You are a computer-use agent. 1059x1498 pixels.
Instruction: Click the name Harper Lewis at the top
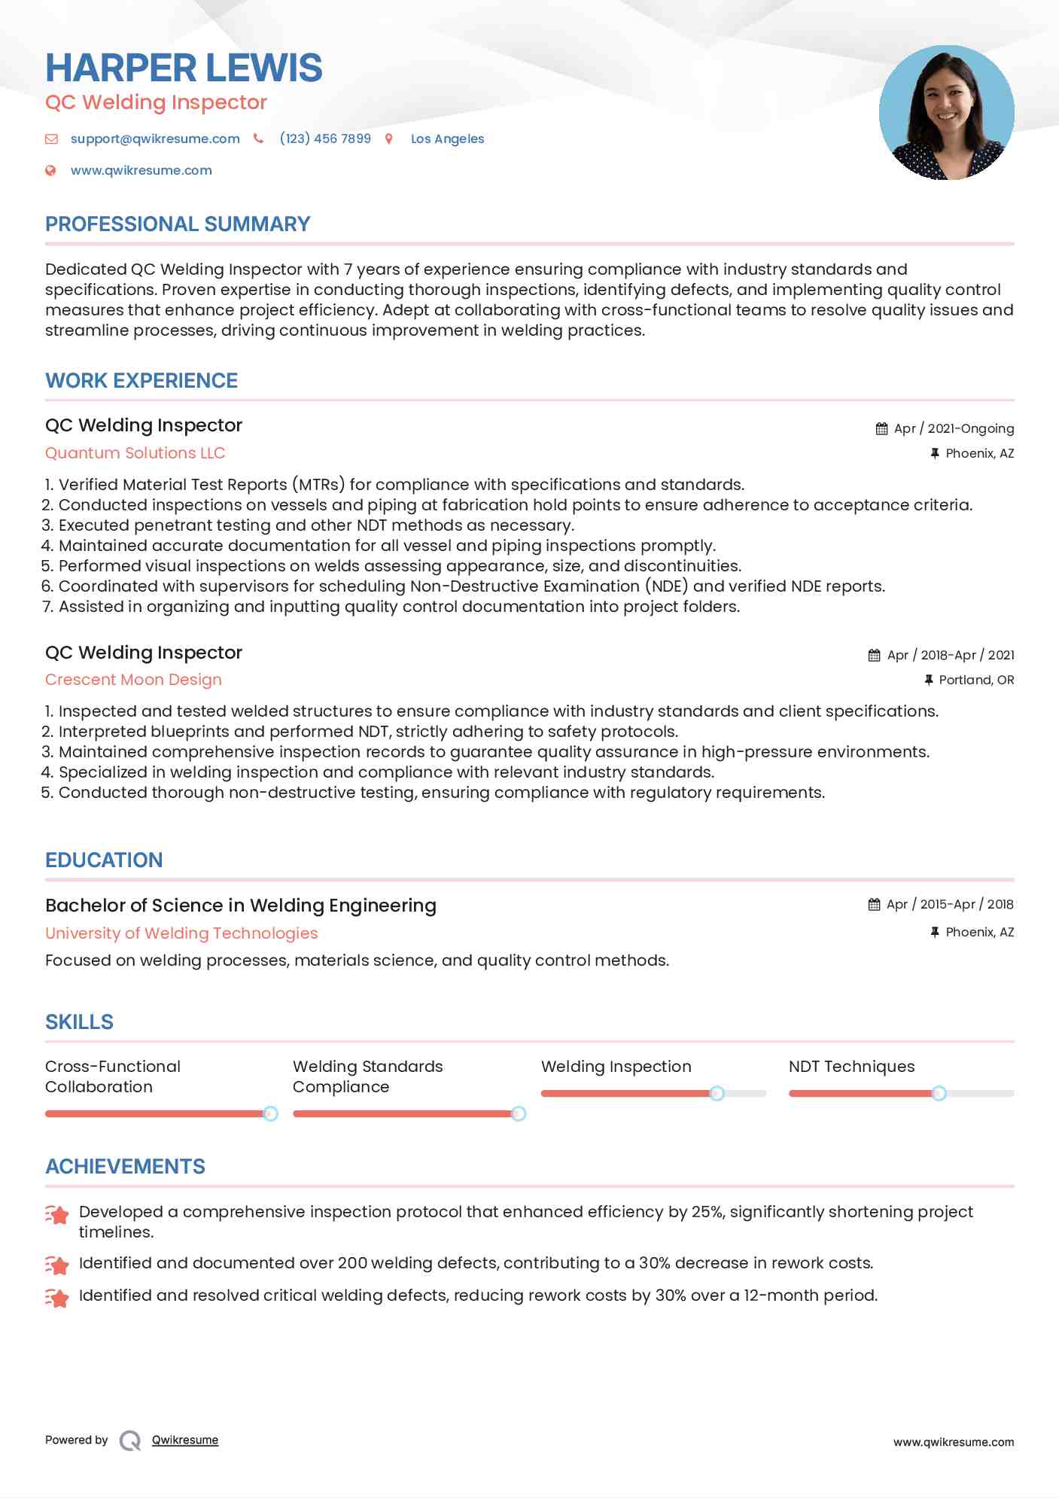[184, 68]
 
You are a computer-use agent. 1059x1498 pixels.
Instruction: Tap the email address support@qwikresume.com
[155, 139]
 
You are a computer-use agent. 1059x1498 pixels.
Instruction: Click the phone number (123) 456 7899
[325, 139]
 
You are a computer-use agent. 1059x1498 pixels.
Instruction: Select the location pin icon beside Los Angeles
[389, 139]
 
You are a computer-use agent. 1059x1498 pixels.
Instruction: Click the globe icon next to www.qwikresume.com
[50, 170]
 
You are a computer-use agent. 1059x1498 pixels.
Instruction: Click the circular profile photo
[946, 113]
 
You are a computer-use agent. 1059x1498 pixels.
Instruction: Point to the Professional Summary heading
[178, 224]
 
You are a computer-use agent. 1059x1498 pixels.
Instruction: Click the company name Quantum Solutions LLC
[135, 453]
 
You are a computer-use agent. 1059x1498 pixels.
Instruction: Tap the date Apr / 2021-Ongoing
[954, 428]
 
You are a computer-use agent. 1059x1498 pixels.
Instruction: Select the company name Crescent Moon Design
[133, 680]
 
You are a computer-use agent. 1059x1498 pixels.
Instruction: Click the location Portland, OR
[976, 680]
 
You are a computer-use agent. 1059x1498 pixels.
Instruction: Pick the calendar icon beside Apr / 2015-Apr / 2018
[874, 904]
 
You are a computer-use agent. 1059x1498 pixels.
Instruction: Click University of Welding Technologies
[181, 933]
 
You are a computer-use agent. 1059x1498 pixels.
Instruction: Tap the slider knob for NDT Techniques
[939, 1093]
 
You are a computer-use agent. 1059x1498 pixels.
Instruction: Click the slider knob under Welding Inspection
[717, 1093]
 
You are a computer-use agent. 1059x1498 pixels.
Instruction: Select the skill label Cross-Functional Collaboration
[113, 1076]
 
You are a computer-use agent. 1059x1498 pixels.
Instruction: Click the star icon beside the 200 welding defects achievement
[57, 1265]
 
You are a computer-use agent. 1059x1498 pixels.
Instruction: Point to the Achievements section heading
[125, 1167]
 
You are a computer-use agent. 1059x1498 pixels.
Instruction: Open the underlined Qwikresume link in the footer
[185, 1440]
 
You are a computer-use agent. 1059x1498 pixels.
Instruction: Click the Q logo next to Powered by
[130, 1440]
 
